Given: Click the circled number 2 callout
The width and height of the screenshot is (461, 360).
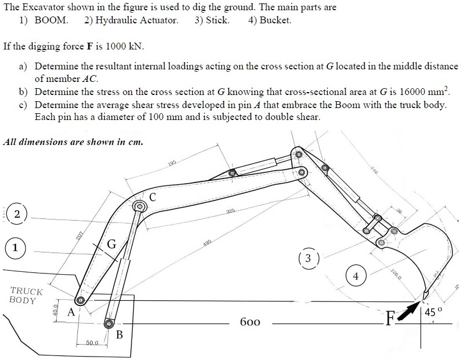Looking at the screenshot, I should (x=18, y=214).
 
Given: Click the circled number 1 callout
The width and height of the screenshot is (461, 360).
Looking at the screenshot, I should (x=15, y=248).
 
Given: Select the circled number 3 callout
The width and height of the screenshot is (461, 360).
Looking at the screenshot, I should (x=308, y=258).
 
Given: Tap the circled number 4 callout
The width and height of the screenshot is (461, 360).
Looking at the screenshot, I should (x=356, y=276).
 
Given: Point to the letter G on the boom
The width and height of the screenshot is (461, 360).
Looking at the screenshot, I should (x=112, y=245).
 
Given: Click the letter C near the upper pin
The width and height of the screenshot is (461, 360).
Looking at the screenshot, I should (x=153, y=197).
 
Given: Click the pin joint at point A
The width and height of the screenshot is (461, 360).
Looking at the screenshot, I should (x=81, y=300).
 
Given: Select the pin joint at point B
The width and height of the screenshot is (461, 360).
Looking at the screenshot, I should (x=108, y=324).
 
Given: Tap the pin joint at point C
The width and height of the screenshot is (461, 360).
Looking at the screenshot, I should (x=138, y=206).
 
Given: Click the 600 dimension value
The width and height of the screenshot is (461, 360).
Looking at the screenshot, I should (x=250, y=322).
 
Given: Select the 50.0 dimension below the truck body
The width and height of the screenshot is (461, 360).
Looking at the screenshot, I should (x=92, y=343).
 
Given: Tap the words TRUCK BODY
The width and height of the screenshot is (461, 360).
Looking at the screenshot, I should (x=23, y=296).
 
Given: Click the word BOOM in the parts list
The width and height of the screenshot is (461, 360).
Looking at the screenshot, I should (x=51, y=20).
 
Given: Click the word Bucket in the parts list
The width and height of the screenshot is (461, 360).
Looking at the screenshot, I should (x=275, y=20).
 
